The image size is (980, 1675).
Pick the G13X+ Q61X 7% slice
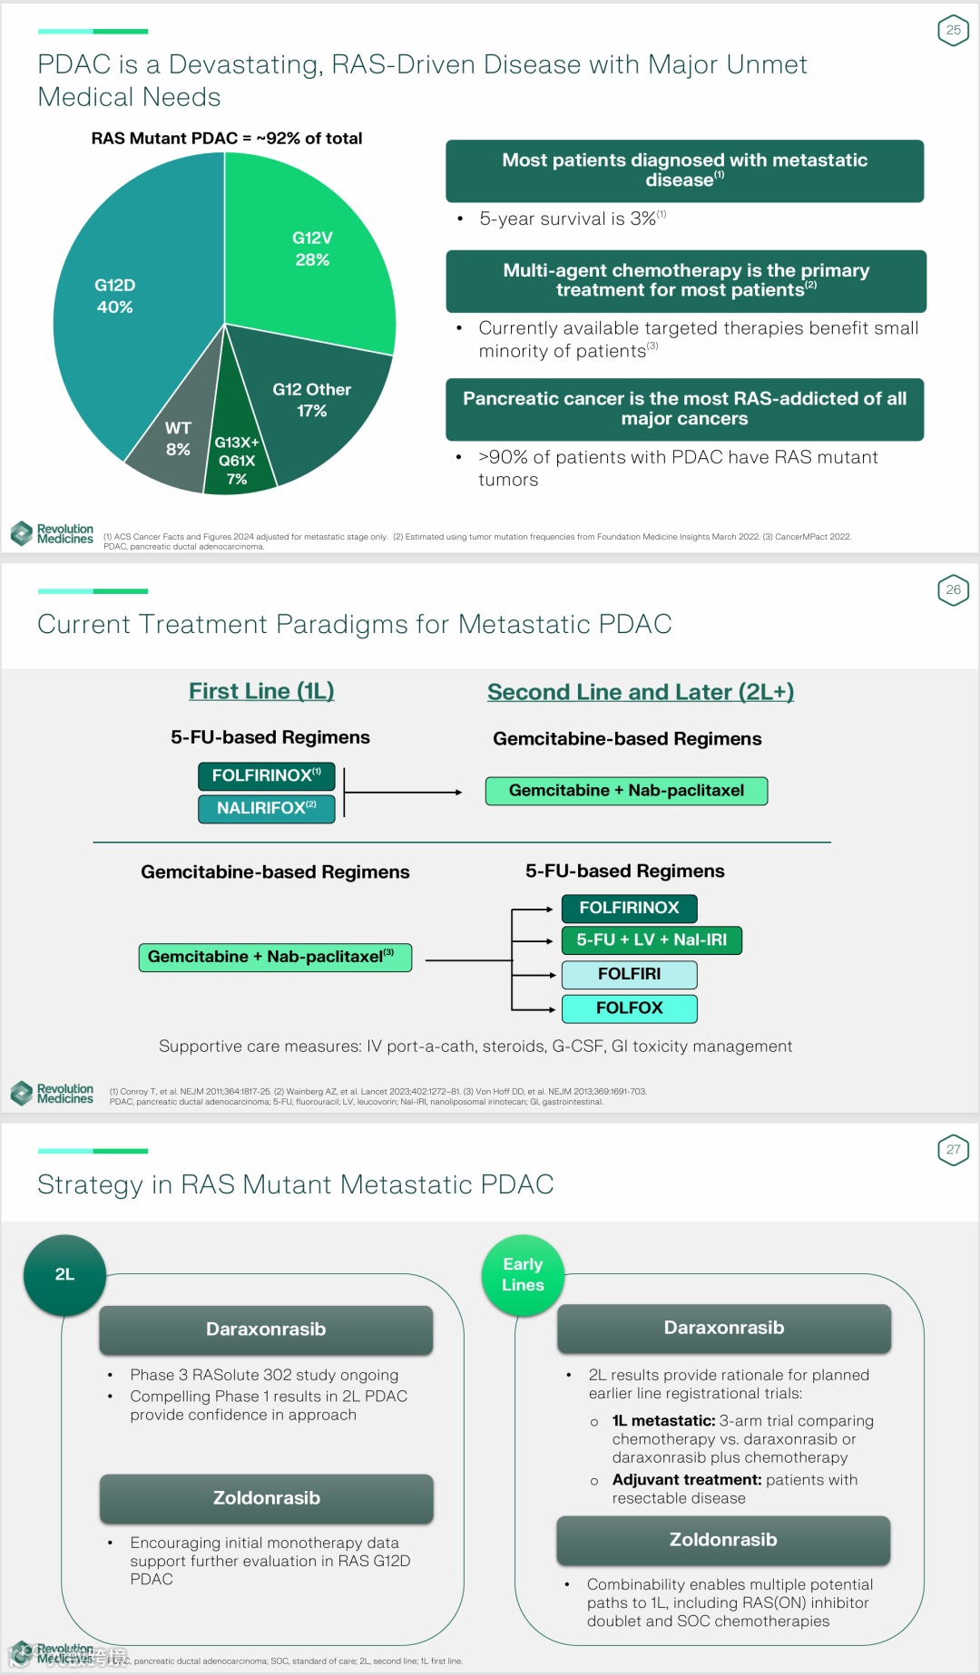[238, 458]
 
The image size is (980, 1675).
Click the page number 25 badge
[953, 31]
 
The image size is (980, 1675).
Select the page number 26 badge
[953, 590]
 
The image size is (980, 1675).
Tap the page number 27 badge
[953, 1150]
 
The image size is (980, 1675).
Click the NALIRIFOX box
[267, 808]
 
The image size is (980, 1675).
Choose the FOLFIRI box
[629, 974]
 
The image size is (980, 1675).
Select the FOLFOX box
[629, 1008]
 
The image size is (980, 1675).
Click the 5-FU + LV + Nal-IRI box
[652, 940]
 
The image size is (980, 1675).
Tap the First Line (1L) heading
[261, 691]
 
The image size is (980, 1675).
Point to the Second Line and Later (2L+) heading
[641, 692]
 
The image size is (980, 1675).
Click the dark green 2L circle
[64, 1274]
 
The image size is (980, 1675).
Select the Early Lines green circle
[523, 1274]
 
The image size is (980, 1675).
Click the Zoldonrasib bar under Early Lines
[723, 1540]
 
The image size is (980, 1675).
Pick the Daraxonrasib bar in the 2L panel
[266, 1329]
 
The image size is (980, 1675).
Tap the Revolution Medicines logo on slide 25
[53, 534]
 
